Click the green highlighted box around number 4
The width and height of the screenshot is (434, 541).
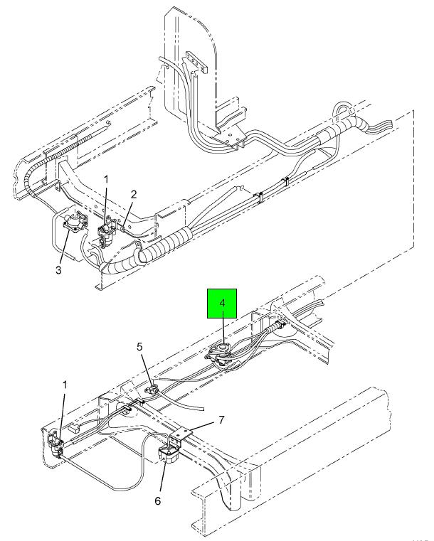point(222,304)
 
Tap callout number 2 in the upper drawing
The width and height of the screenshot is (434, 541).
point(134,195)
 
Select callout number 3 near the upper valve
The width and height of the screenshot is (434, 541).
point(58,269)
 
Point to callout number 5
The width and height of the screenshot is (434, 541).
point(139,347)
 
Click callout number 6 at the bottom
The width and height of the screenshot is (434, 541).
point(157,500)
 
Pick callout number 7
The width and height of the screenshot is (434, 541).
point(221,420)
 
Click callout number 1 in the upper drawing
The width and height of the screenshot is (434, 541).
point(106,179)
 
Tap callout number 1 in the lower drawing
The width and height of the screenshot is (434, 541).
point(64,385)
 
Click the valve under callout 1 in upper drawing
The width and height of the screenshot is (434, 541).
point(107,231)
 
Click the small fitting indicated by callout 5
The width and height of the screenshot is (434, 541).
point(152,390)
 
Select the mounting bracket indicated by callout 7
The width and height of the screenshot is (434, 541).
point(181,434)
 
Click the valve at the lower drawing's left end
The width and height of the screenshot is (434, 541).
point(55,444)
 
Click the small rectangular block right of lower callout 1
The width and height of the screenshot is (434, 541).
point(74,429)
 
